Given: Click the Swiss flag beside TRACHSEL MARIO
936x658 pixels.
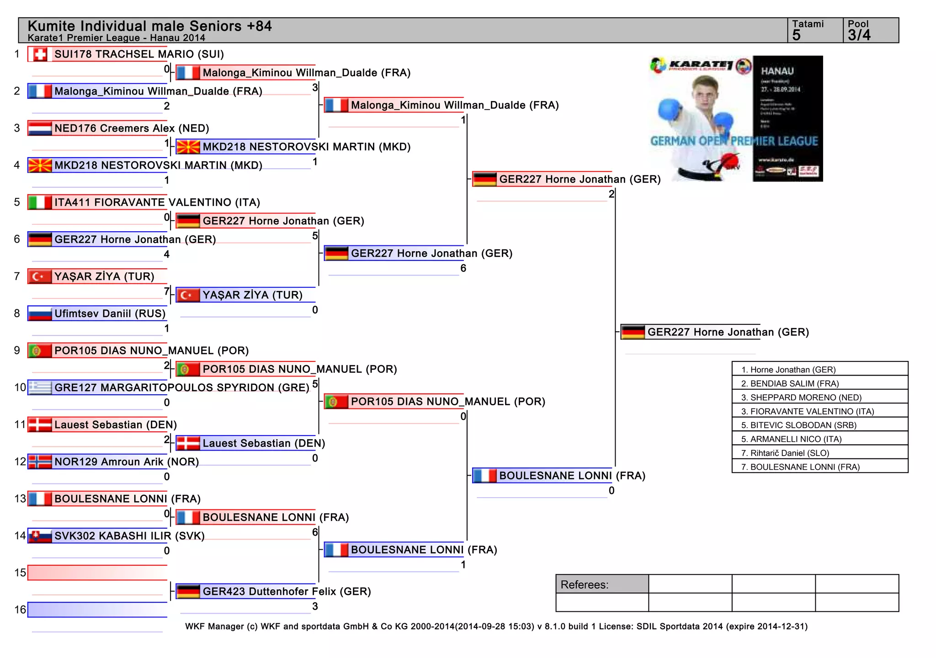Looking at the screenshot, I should (40, 54).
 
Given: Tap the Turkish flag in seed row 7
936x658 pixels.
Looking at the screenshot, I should (40, 276).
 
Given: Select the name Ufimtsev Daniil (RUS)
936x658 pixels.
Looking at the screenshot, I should (110, 313).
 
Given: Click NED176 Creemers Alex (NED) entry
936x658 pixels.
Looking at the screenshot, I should (132, 128).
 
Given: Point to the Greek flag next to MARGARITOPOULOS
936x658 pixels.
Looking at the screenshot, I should (40, 387).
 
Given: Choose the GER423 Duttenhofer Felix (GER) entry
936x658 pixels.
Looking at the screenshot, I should (286, 591).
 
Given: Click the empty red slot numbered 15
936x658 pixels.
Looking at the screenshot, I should (97, 573).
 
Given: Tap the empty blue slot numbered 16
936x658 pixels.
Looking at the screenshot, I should (97, 610).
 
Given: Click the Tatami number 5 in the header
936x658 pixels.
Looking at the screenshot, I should (797, 35).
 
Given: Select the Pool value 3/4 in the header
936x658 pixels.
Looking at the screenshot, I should (859, 35).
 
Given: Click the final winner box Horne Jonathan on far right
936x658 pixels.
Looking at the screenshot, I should (728, 332).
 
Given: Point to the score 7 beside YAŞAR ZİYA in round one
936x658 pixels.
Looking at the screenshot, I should (167, 291).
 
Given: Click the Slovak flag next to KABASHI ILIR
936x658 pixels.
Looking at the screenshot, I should (40, 536).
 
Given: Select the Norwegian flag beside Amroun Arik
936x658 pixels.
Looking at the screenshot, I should (40, 462).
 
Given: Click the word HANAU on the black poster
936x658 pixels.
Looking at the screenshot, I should (777, 71).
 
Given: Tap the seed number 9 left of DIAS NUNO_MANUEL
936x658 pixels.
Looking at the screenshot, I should (17, 350).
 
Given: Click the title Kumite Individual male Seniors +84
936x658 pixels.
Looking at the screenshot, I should (149, 26).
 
